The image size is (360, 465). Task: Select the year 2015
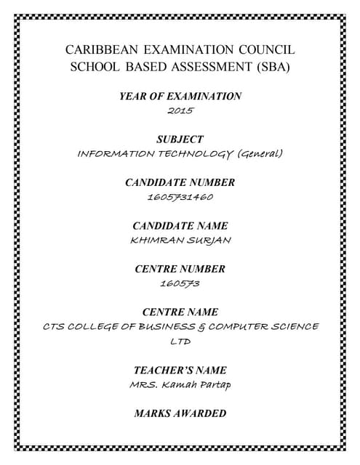pos(180,110)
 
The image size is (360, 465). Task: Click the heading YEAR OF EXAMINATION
pos(180,96)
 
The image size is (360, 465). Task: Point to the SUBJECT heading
pos(180,139)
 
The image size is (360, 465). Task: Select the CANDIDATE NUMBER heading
pos(180,182)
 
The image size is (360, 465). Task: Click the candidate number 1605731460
pos(180,197)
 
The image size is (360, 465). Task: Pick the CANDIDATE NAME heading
pos(180,225)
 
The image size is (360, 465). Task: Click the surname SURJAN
pos(205,240)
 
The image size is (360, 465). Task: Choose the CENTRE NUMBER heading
pos(180,269)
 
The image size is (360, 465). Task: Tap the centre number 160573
pos(180,283)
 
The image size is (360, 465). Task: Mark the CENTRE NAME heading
pos(180,312)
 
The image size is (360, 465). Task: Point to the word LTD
pos(180,341)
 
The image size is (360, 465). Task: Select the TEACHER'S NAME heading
pos(180,370)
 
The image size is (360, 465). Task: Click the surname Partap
pos(212,384)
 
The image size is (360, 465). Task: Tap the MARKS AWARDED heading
pos(180,413)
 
